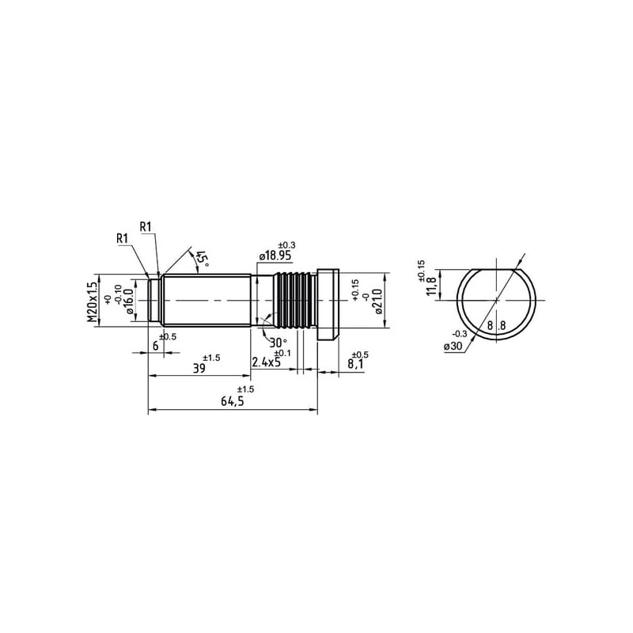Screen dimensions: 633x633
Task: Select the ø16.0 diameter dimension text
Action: click(130, 301)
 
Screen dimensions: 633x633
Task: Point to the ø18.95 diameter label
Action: click(275, 256)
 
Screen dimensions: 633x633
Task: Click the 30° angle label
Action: click(279, 343)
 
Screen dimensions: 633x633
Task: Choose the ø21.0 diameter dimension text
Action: click(378, 301)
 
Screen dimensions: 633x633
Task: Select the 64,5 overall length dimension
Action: click(233, 401)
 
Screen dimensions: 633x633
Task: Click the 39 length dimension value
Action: click(199, 368)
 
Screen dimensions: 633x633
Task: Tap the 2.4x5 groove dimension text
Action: click(266, 362)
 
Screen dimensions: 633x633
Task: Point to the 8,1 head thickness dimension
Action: click(355, 365)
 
